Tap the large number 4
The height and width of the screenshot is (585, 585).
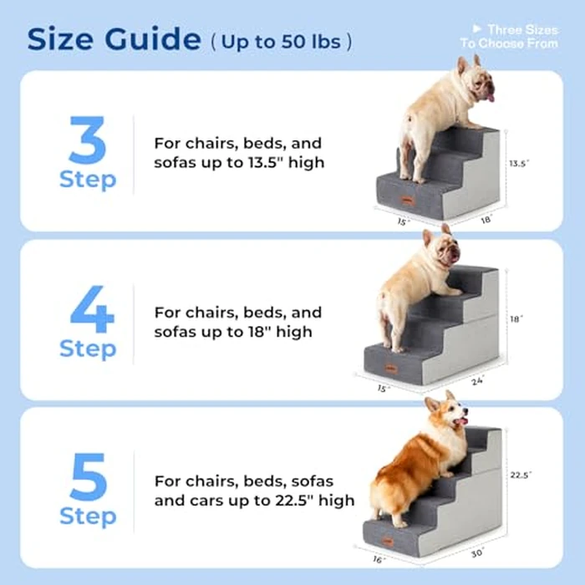[87, 308]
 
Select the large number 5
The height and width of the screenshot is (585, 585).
[87, 476]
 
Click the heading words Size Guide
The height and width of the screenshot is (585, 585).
[114, 38]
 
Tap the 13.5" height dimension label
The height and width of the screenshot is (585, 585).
[519, 164]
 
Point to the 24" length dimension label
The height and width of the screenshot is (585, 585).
[476, 382]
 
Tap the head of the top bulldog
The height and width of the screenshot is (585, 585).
[472, 79]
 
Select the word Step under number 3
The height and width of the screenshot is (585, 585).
[87, 180]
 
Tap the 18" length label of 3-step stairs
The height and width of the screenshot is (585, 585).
[486, 220]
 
